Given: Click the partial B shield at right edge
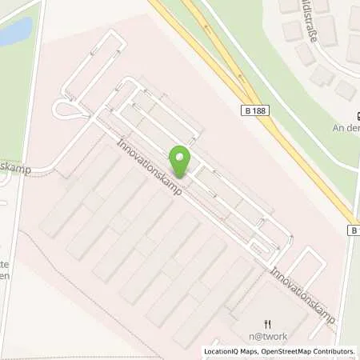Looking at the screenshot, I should click(354, 230).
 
